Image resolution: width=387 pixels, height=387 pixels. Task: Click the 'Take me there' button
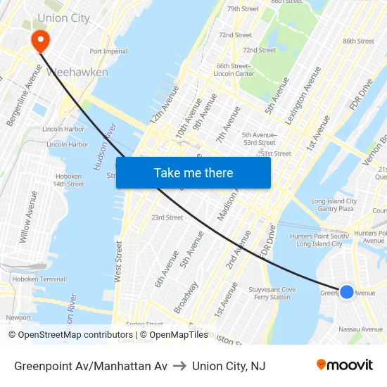tap(193, 172)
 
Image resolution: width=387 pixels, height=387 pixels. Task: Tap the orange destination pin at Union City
tap(40, 40)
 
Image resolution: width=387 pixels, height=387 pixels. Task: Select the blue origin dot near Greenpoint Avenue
tap(347, 291)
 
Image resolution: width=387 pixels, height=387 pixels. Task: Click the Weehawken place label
tap(77, 72)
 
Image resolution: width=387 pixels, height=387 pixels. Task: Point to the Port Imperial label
tap(108, 51)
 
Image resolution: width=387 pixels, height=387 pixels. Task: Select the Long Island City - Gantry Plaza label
tap(334, 205)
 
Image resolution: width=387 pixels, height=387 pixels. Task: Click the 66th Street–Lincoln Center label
tap(234, 70)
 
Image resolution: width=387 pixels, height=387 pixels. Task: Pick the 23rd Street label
tap(167, 217)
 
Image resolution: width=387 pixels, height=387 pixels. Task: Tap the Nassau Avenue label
tap(360, 329)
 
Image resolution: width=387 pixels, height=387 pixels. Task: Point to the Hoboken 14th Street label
tap(68, 180)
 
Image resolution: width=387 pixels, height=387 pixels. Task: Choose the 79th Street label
tap(243, 9)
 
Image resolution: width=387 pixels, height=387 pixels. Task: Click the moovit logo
tap(345, 365)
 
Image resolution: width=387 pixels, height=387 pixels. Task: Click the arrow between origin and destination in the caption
tap(179, 366)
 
